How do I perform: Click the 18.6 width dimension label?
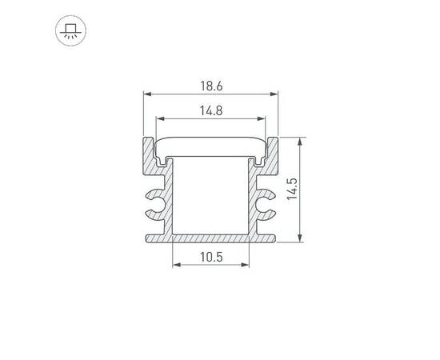210,84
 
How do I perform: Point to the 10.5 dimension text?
210,257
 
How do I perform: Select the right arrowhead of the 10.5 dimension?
246,268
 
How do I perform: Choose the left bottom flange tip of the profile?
148,238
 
